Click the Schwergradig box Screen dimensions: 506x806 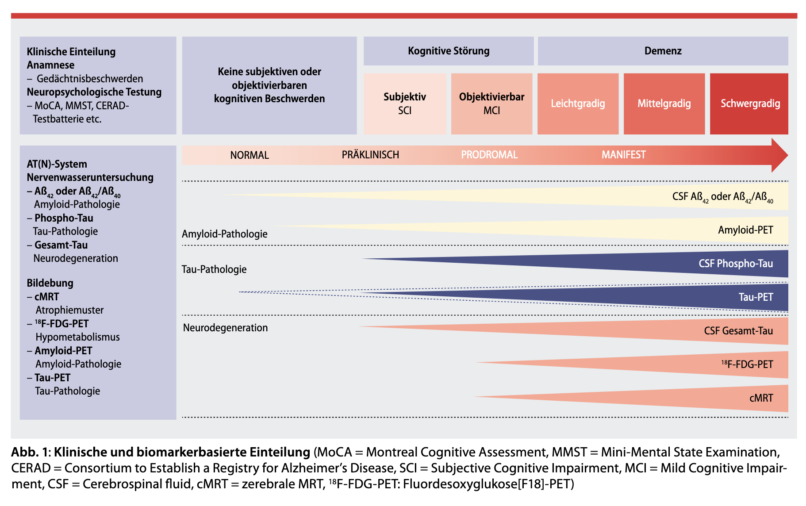pyautogui.click(x=749, y=103)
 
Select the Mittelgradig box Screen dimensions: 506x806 pyautogui.click(x=664, y=103)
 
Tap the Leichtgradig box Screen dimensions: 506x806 pyautogui.click(x=578, y=103)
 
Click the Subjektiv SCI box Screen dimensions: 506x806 pyautogui.click(x=405, y=103)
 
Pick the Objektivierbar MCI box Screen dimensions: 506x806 pyautogui.click(x=491, y=103)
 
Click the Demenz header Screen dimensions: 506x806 pyautogui.click(x=663, y=51)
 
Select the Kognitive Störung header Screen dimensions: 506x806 pyautogui.click(x=449, y=51)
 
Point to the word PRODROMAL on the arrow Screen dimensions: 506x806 pyautogui.click(x=489, y=155)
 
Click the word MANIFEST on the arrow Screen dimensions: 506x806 pyautogui.click(x=623, y=155)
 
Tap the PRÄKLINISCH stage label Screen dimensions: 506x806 pyautogui.click(x=370, y=155)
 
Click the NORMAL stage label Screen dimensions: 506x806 pyautogui.click(x=249, y=155)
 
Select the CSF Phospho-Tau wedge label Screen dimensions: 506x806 pyautogui.click(x=736, y=264)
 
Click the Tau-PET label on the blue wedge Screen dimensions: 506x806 pyautogui.click(x=756, y=297)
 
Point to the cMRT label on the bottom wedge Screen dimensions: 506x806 pyautogui.click(x=761, y=398)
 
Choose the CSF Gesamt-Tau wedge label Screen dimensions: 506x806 pyautogui.click(x=738, y=331)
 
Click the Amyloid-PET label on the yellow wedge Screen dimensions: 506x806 pyautogui.click(x=745, y=230)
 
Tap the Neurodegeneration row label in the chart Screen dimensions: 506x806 pyautogui.click(x=225, y=328)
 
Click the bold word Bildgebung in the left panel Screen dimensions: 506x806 pyautogui.click(x=50, y=283)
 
